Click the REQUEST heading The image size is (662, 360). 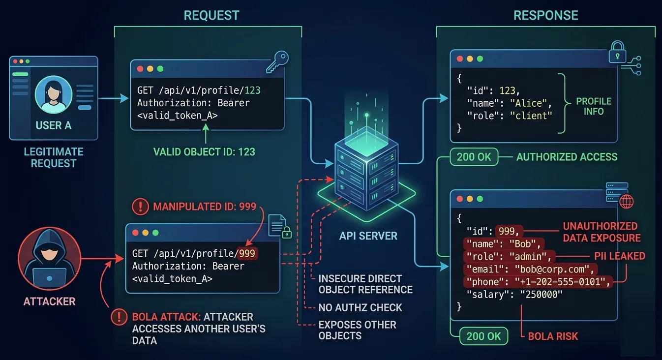point(211,15)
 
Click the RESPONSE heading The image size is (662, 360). point(545,15)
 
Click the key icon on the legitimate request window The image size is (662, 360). point(276,62)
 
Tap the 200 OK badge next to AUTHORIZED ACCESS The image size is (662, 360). point(474,157)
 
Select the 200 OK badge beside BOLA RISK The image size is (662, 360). point(483,336)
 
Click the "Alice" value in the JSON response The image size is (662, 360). point(530,103)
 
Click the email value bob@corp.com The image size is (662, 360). point(553,269)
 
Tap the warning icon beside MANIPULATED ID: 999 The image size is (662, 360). point(140,207)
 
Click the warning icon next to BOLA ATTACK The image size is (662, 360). point(119,317)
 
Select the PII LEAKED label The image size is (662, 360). point(620,256)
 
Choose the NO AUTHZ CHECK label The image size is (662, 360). point(360,308)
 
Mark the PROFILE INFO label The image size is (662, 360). point(594,106)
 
